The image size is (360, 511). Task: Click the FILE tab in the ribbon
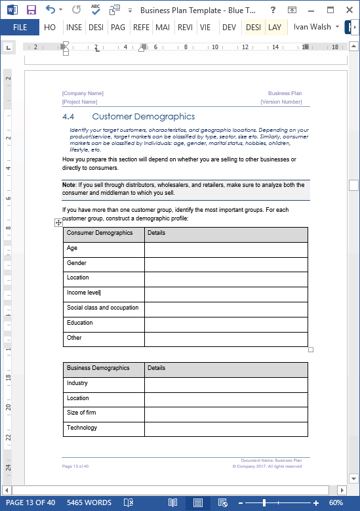click(20, 27)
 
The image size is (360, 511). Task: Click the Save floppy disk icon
click(31, 10)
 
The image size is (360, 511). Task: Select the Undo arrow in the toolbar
click(50, 10)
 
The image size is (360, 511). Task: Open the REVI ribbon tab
click(185, 27)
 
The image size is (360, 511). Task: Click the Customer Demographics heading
click(143, 117)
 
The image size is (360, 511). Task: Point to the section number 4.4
click(68, 117)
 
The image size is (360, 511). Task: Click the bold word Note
click(69, 185)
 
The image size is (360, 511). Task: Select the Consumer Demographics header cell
click(100, 233)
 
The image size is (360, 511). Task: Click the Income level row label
click(83, 293)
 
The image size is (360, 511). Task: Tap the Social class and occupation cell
click(102, 308)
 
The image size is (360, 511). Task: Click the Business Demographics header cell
click(98, 368)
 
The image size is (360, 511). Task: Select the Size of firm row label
click(81, 413)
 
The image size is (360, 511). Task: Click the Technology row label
click(82, 428)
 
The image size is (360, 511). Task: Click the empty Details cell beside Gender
click(226, 264)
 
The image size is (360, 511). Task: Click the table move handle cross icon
click(58, 223)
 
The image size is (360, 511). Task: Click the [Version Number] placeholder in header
click(281, 102)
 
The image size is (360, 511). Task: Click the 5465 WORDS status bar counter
click(89, 502)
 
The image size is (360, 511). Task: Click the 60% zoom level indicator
click(336, 502)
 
